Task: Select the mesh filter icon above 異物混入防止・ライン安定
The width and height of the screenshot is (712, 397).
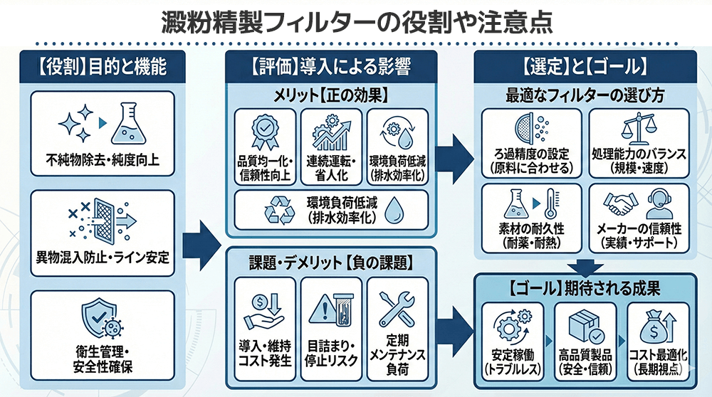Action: point(103,221)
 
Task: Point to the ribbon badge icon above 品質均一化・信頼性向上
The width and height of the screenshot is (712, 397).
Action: point(263,132)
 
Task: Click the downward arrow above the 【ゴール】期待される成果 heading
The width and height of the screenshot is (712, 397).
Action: point(586,269)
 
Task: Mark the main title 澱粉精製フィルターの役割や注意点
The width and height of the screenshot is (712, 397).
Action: point(355,21)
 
